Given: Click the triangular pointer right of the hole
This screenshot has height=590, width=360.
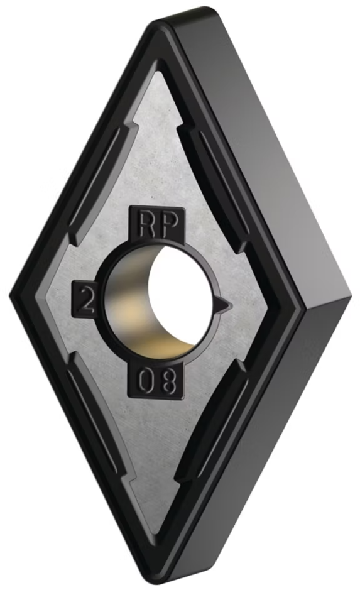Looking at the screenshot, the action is [224, 303].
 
